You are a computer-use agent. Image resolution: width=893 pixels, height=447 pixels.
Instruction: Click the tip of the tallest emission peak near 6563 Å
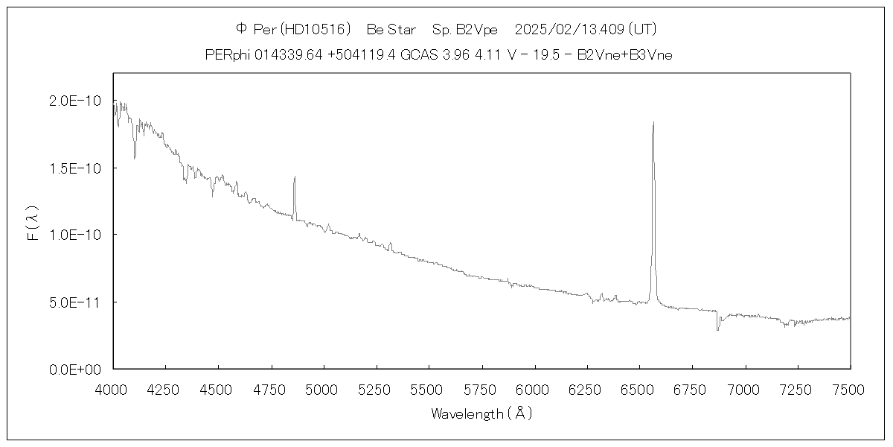[653, 122]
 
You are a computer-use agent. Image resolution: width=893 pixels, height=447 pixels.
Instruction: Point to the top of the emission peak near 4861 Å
[295, 177]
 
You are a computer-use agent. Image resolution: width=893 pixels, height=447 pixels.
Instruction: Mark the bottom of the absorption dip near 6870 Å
[717, 329]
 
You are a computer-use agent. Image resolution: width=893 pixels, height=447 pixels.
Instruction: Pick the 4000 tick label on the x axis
[113, 388]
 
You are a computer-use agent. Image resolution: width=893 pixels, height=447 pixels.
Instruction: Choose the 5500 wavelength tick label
[429, 388]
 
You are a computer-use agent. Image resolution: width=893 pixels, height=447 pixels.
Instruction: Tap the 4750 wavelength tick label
[271, 388]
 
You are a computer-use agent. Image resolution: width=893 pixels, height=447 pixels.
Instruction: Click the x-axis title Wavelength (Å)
[481, 413]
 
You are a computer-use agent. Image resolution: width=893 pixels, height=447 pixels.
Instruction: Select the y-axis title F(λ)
[33, 223]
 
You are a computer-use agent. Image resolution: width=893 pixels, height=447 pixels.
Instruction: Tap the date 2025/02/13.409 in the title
[570, 29]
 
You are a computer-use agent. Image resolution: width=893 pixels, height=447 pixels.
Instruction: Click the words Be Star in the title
[391, 29]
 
